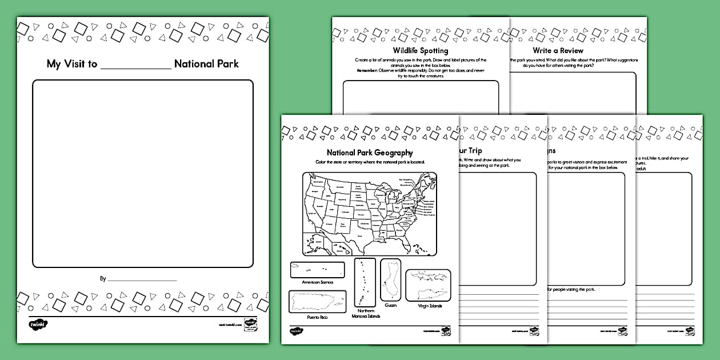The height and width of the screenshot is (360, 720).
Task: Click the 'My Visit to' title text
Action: tap(72, 64)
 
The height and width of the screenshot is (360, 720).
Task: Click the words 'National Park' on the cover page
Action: tap(206, 64)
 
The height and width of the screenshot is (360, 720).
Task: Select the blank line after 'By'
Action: tap(142, 279)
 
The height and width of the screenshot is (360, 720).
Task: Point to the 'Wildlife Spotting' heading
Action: tap(420, 51)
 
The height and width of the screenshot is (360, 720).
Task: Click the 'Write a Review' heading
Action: tap(558, 51)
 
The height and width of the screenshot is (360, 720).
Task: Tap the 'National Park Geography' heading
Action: tap(370, 153)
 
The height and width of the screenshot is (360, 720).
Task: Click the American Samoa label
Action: tap(317, 282)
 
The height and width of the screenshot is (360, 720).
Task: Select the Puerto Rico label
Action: tap(317, 317)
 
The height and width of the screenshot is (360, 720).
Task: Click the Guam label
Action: tap(391, 306)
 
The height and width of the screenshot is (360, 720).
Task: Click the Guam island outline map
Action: tap(391, 280)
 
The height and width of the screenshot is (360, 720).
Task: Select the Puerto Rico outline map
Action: tap(317, 301)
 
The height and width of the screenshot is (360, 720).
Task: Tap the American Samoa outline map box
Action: tap(317, 270)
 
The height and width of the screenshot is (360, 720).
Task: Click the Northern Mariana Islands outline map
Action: tap(365, 282)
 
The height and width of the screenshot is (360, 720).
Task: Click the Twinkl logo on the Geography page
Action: tap(295, 330)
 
